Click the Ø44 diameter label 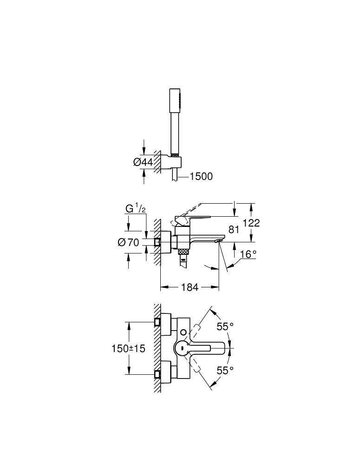(143, 162)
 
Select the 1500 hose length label (201, 176)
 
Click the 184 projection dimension (189, 287)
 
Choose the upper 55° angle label (225, 327)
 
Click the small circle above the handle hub (185, 332)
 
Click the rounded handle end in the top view (228, 348)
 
